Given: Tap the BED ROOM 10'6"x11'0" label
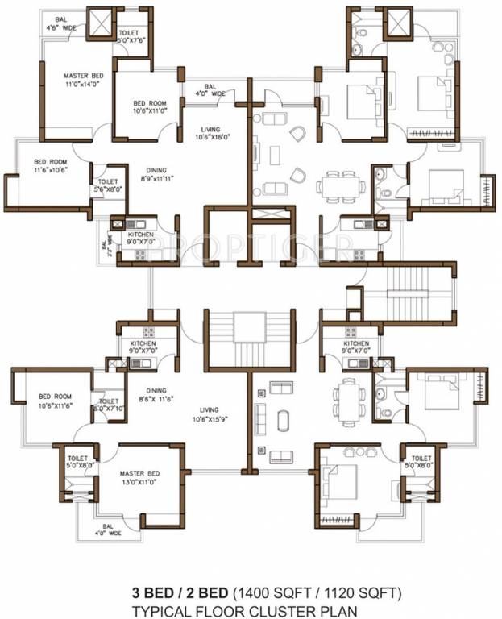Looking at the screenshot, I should tap(150, 107).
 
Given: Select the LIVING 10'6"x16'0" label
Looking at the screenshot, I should tap(213, 132).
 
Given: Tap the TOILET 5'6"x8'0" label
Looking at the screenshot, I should tap(108, 186).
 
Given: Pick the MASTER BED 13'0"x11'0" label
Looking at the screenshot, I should tap(139, 477).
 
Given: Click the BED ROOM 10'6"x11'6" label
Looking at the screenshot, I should tap(53, 401).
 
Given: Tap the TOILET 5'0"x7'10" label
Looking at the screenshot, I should tap(109, 405).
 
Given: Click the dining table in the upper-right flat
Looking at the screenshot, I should tap(339, 186).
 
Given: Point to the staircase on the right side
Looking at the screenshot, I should tap(410, 292).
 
